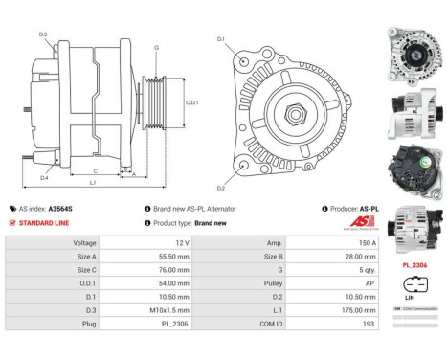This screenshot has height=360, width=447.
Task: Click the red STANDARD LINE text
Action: pos(44,222)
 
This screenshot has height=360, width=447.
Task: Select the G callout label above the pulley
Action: pos(155,47)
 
